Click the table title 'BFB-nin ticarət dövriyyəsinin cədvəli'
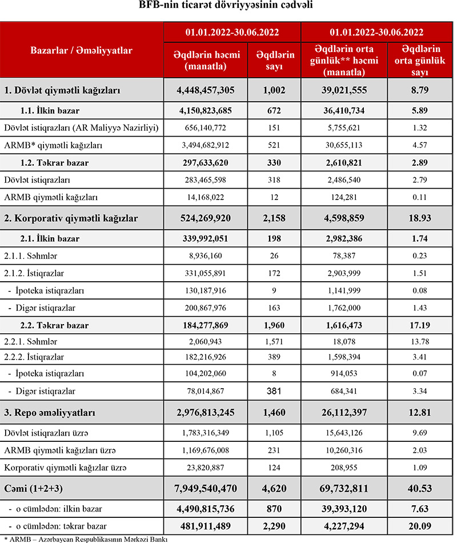228,7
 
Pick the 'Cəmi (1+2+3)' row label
35,489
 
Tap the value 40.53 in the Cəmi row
420,489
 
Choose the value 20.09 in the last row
420,525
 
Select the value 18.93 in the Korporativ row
420,218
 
